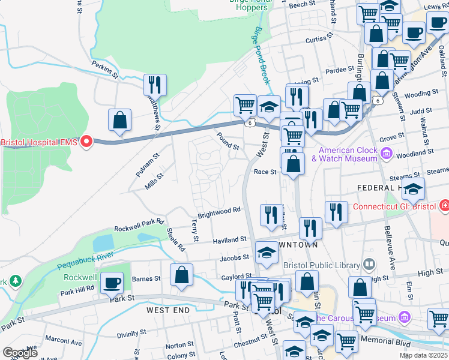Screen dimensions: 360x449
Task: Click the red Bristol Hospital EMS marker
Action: pyautogui.click(x=86, y=142)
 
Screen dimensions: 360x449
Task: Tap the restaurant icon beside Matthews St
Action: pyautogui.click(x=155, y=85)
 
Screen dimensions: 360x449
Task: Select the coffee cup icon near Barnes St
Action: pyautogui.click(x=112, y=282)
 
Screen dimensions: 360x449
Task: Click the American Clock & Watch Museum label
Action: pyautogui.click(x=348, y=154)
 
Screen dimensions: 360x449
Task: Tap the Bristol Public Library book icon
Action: pyautogui.click(x=369, y=264)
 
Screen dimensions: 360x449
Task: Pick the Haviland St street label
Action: pyautogui.click(x=230, y=240)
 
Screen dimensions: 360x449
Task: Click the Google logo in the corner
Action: pyautogui.click(x=20, y=353)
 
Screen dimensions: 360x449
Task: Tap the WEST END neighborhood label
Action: pyautogui.click(x=168, y=310)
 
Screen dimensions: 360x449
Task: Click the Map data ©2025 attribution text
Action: pyautogui.click(x=423, y=355)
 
